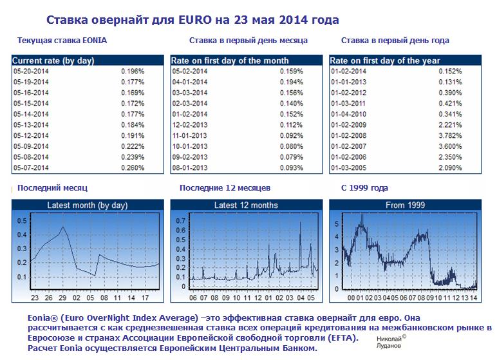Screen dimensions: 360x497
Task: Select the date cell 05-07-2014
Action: tap(31, 167)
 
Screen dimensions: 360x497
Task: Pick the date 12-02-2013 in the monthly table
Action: tap(189, 124)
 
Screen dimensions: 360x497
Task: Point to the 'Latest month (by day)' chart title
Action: tap(87, 205)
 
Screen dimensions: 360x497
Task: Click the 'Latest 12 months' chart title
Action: tap(245, 205)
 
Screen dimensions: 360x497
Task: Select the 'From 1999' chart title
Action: tap(404, 205)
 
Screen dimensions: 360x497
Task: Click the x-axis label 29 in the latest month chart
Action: tap(63, 298)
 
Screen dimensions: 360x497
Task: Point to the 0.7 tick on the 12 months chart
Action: tap(182, 220)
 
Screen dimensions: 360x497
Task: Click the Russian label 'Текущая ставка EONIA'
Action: tap(62, 41)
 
